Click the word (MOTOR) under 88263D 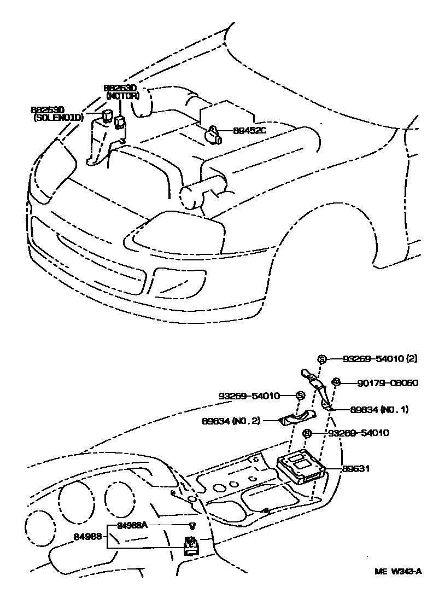click(123, 96)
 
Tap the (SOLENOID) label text click(58, 118)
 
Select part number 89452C click(249, 131)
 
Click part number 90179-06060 click(381, 383)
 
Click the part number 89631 click(356, 469)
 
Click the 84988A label click(133, 525)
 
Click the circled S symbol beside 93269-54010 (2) click(322, 359)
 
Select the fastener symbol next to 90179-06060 click(337, 382)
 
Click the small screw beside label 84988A click(192, 526)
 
